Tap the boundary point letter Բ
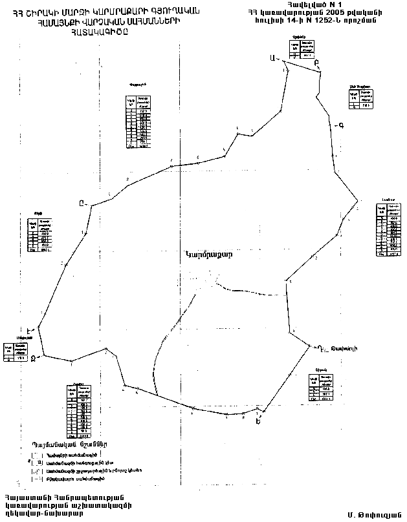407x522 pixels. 316,63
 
